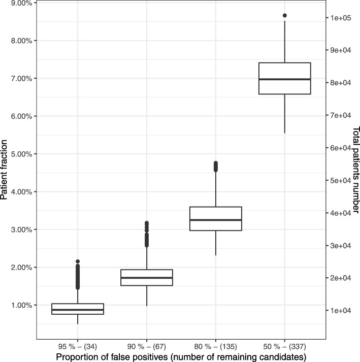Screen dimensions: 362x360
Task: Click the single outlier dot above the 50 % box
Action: pos(284,16)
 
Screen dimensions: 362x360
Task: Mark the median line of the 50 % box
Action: pos(284,79)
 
